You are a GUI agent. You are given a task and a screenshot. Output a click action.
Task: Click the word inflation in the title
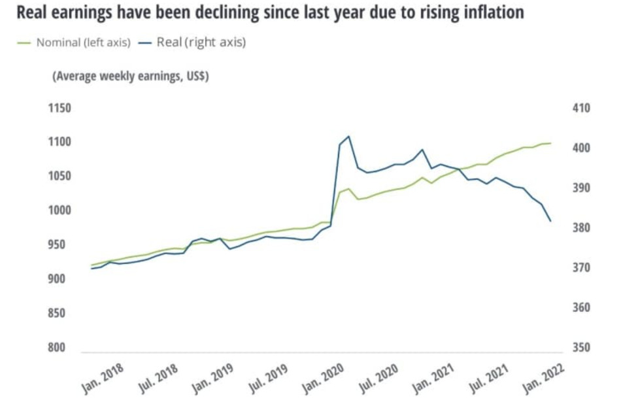pyautogui.click(x=492, y=12)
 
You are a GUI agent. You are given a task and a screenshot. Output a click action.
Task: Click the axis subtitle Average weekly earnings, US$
pyautogui.click(x=130, y=76)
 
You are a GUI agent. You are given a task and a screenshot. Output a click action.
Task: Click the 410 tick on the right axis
pyautogui.click(x=580, y=108)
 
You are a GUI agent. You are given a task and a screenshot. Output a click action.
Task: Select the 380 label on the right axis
pyautogui.click(x=580, y=228)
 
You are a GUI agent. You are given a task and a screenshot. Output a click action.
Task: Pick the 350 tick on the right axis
pyautogui.click(x=580, y=347)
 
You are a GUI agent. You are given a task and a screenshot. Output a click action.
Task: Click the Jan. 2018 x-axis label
pyautogui.click(x=103, y=378)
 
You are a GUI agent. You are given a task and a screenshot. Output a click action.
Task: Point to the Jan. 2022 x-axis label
pyautogui.click(x=545, y=378)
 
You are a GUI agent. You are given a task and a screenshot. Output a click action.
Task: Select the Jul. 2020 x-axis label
pyautogui.click(x=380, y=378)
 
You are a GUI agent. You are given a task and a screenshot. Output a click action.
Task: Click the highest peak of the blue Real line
pyautogui.click(x=348, y=136)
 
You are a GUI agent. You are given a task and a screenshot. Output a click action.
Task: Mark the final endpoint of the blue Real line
pyautogui.click(x=550, y=221)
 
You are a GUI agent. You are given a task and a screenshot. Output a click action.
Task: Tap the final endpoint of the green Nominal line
pyautogui.click(x=550, y=143)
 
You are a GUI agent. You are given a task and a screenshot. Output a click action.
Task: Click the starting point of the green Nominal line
pyautogui.click(x=91, y=265)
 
